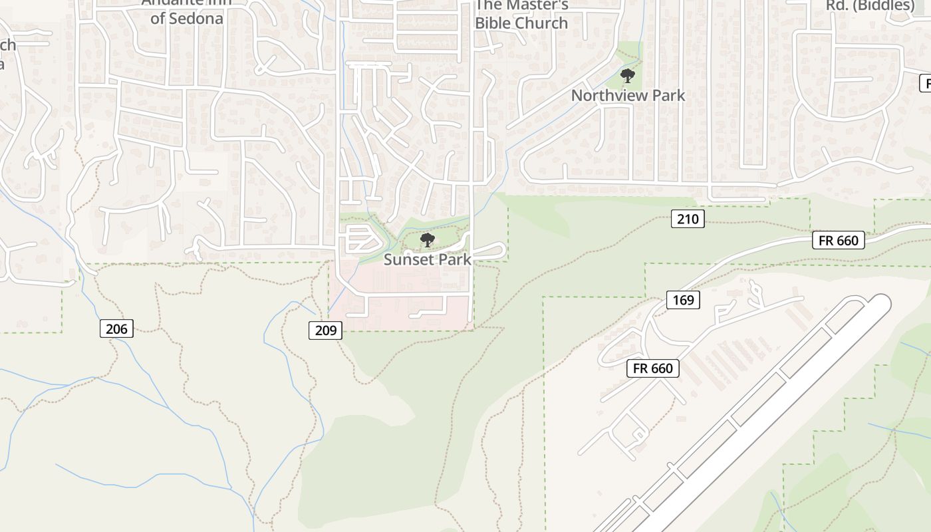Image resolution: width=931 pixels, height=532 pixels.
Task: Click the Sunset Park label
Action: (428, 260)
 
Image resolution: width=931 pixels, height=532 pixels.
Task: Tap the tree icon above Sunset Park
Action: (428, 240)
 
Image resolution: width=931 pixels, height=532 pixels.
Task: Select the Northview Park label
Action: (628, 96)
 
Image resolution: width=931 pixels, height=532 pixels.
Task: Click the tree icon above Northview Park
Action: (627, 76)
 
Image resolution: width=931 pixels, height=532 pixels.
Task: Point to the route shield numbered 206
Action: (117, 329)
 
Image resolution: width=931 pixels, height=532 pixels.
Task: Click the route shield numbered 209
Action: (325, 330)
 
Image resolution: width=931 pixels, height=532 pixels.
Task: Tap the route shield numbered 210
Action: (687, 219)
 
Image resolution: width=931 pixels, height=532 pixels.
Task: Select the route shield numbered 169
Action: (683, 300)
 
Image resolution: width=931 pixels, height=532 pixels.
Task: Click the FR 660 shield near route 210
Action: (839, 241)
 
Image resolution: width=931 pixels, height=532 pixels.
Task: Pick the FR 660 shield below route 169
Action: (653, 368)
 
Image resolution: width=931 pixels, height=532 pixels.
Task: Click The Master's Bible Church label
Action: (521, 14)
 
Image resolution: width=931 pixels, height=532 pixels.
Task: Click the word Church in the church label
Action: (541, 23)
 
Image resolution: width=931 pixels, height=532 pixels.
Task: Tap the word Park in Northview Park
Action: (668, 96)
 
